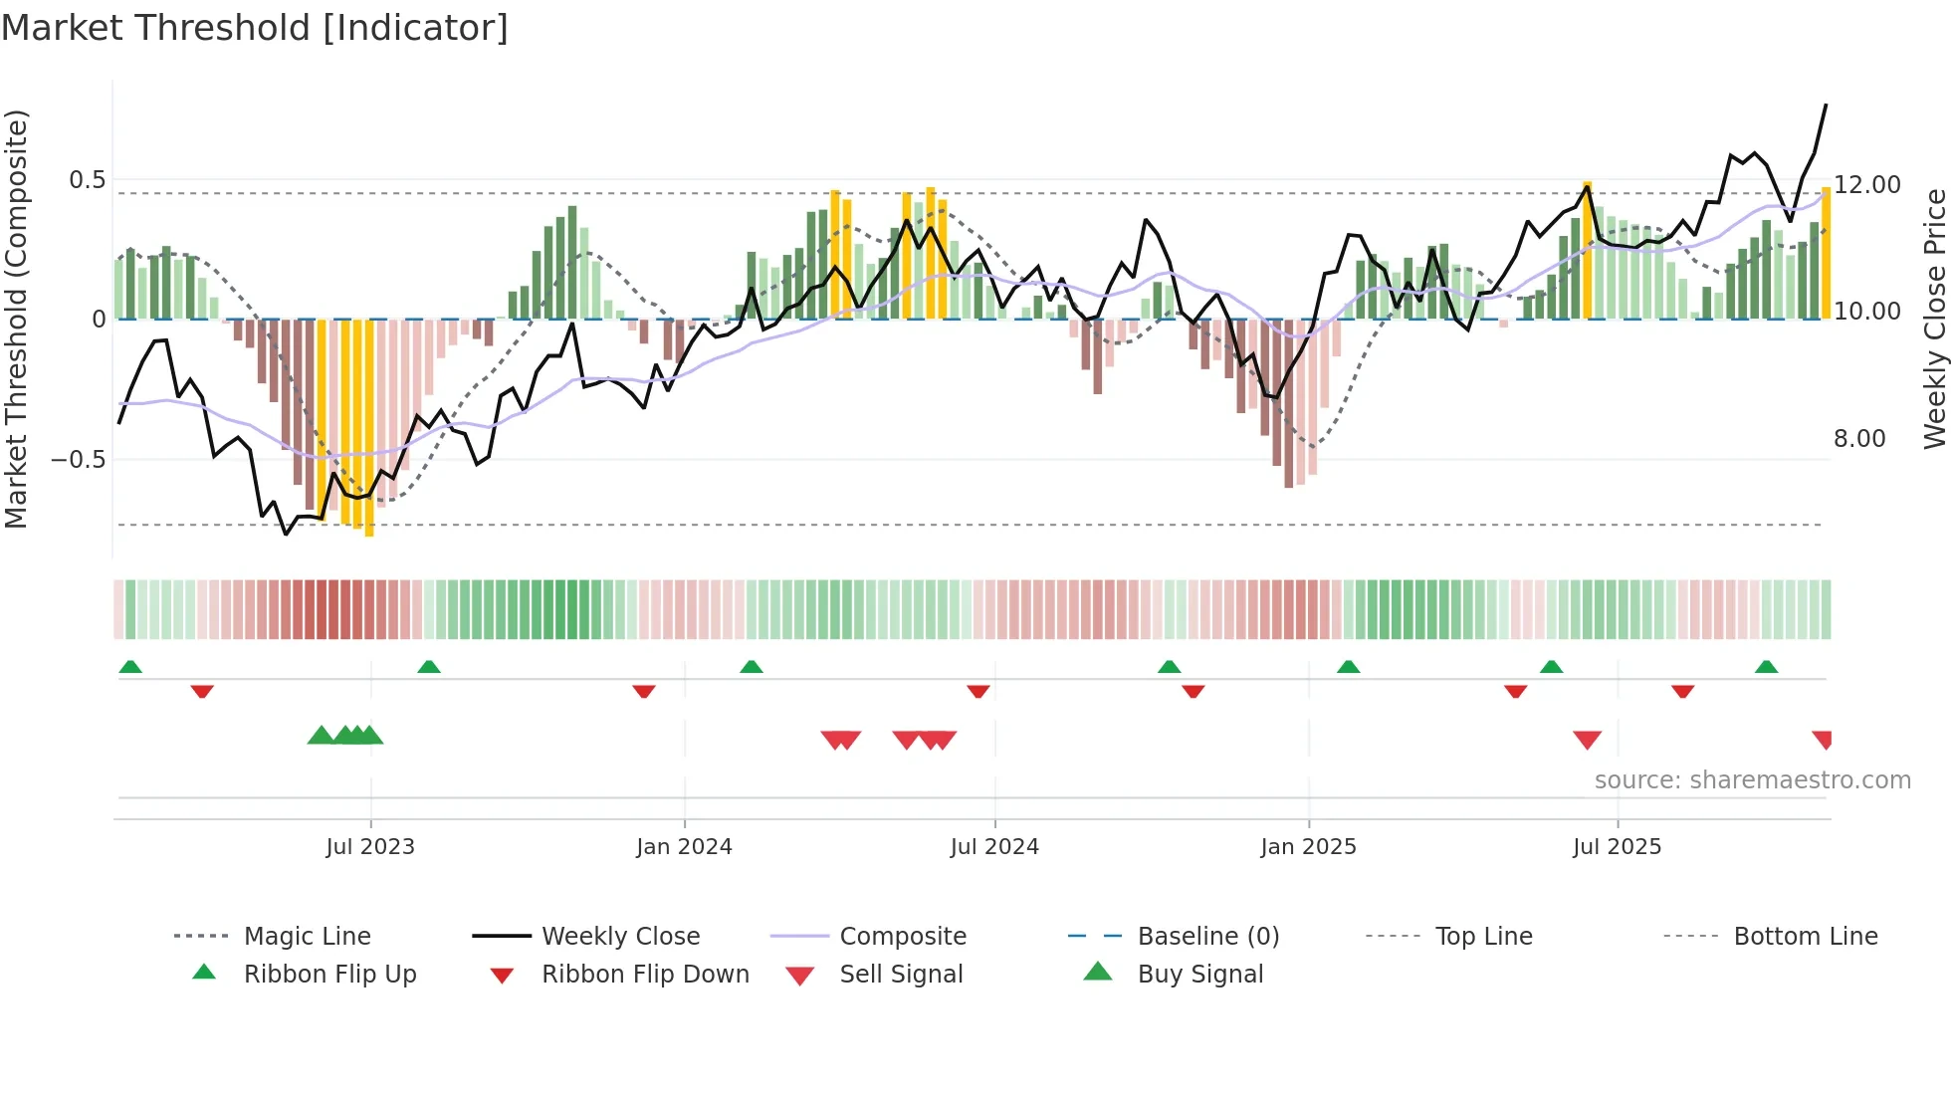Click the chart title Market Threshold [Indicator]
coord(255,28)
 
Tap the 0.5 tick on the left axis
coord(87,180)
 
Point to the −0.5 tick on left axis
coord(79,460)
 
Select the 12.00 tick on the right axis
coord(1867,185)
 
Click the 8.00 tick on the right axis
coord(1859,439)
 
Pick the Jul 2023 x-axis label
coord(370,847)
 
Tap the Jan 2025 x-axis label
coord(1308,847)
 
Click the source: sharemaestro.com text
coord(1752,780)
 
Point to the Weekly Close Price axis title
coord(1934,319)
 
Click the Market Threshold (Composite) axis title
coord(17,319)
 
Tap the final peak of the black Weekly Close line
coord(1826,105)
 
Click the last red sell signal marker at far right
coord(1823,740)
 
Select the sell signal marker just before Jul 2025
coord(1587,740)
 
